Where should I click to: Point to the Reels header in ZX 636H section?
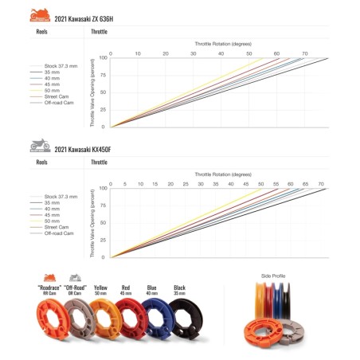pyautogui.click(x=44, y=32)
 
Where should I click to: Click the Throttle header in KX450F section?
pyautogui.click(x=99, y=162)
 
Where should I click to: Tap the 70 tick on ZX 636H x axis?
pyautogui.click(x=303, y=53)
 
